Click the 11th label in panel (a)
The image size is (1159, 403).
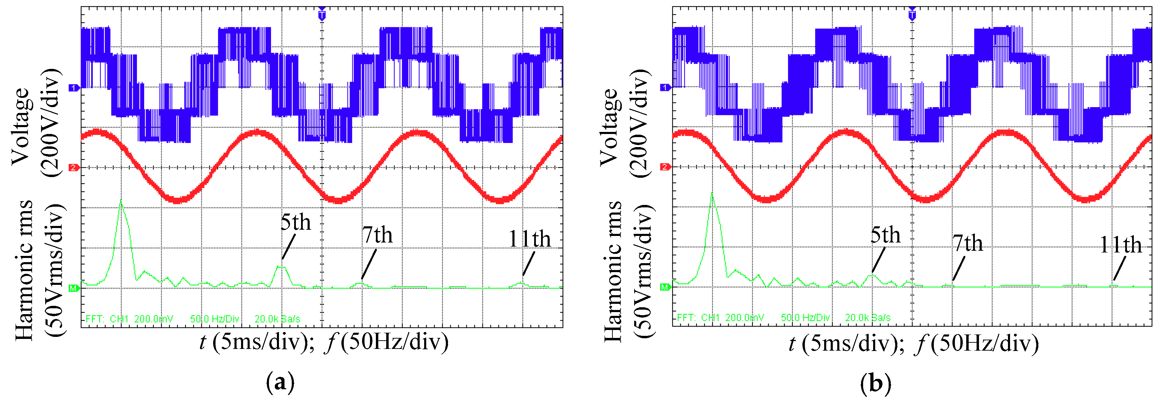coord(530,239)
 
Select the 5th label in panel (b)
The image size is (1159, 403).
coord(886,235)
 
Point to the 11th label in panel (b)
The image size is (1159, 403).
coord(1120,245)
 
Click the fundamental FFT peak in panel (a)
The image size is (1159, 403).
coord(121,201)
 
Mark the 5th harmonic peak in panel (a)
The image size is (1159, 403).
coord(281,267)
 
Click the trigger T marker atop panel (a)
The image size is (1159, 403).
coord(322,15)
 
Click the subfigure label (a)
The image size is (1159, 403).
coord(281,383)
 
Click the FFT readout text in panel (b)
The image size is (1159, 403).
coord(783,318)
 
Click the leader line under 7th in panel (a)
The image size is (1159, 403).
coord(369,265)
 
